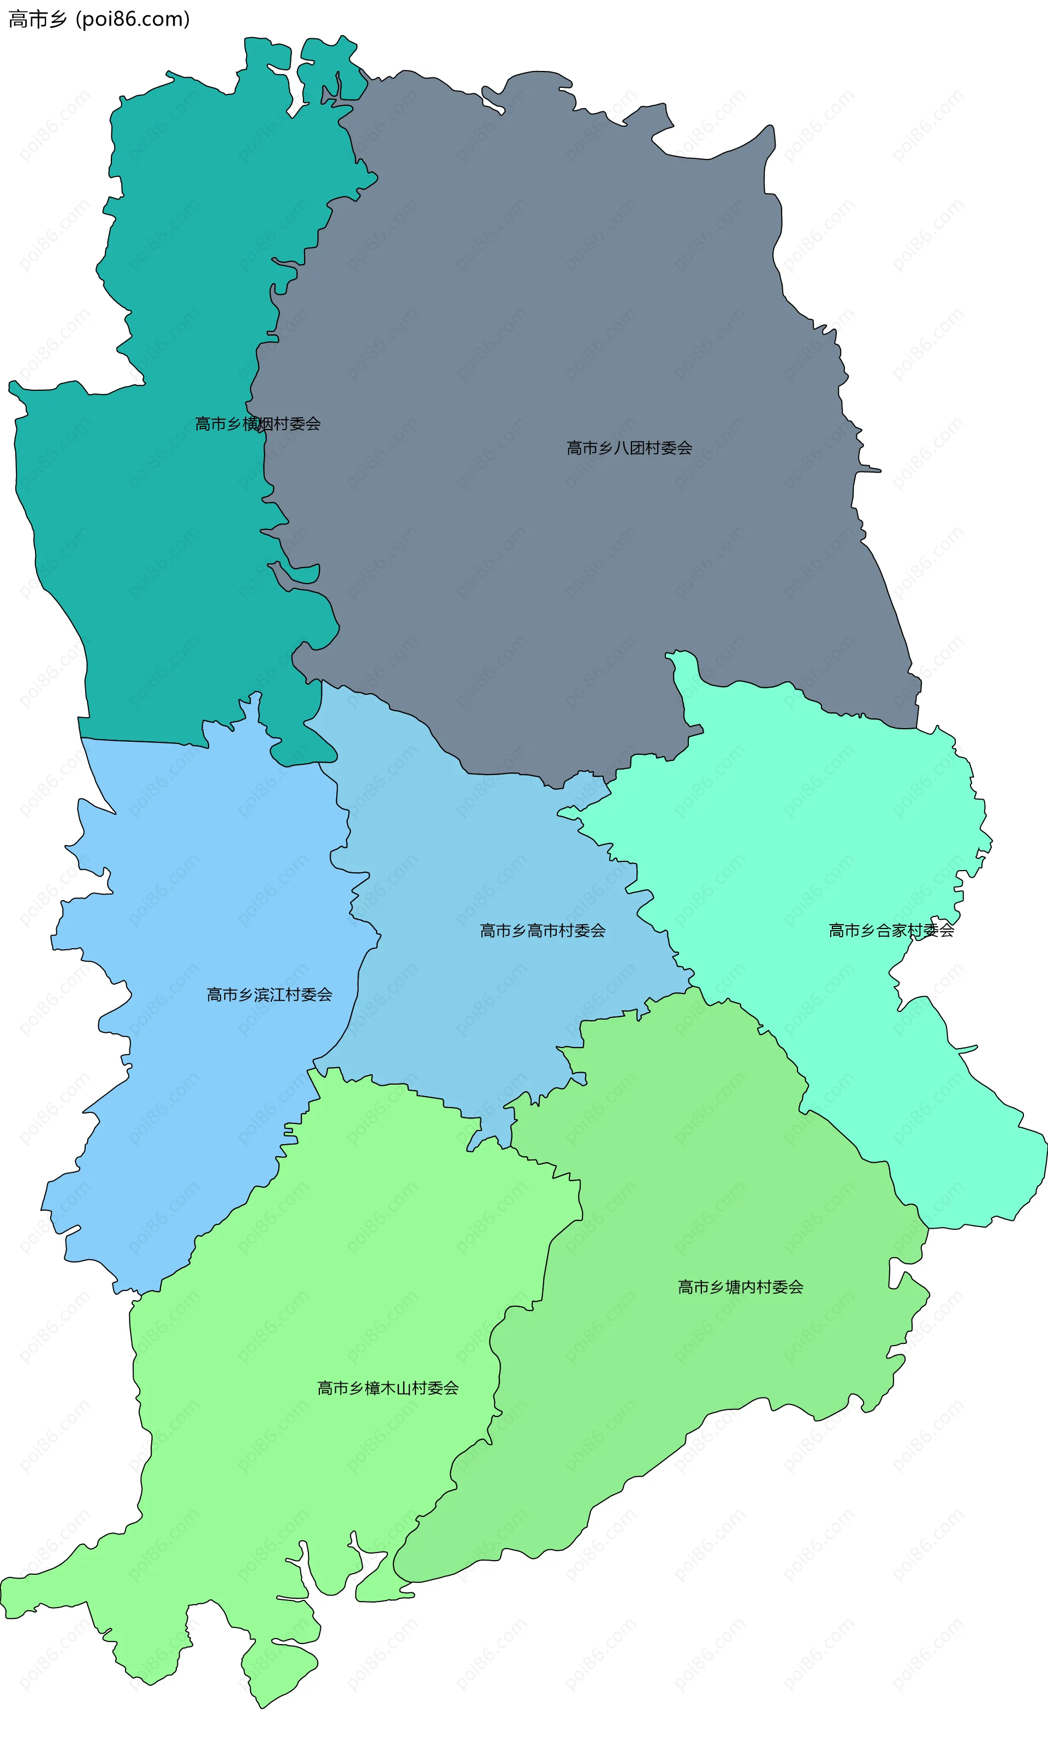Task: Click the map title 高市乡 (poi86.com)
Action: pyautogui.click(x=99, y=19)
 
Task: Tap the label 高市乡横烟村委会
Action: pyautogui.click(x=258, y=424)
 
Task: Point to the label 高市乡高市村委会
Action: pyautogui.click(x=543, y=931)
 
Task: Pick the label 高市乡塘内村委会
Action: pyautogui.click(x=740, y=1287)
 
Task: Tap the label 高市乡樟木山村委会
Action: pyautogui.click(x=388, y=1388)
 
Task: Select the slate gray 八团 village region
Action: pyautogui.click(x=565, y=318)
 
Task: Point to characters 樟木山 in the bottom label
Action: pyautogui.click(x=388, y=1388)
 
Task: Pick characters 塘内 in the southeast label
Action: pyautogui.click(x=740, y=1287)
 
